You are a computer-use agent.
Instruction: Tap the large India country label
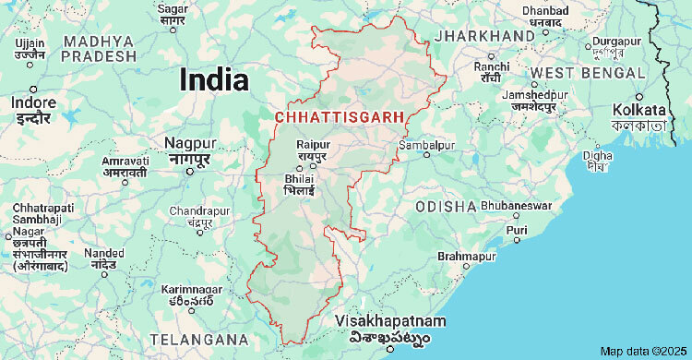tap(214, 78)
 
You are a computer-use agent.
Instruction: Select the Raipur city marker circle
tap(301, 166)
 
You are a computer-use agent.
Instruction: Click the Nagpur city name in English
tap(190, 143)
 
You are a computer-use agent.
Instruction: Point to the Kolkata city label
tap(638, 110)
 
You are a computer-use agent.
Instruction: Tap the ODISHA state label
tap(446, 206)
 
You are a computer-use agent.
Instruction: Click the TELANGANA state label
tap(199, 338)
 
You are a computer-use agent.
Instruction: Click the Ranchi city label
tap(491, 66)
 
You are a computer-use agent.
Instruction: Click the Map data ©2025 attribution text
tap(644, 352)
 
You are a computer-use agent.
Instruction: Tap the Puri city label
tap(517, 230)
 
